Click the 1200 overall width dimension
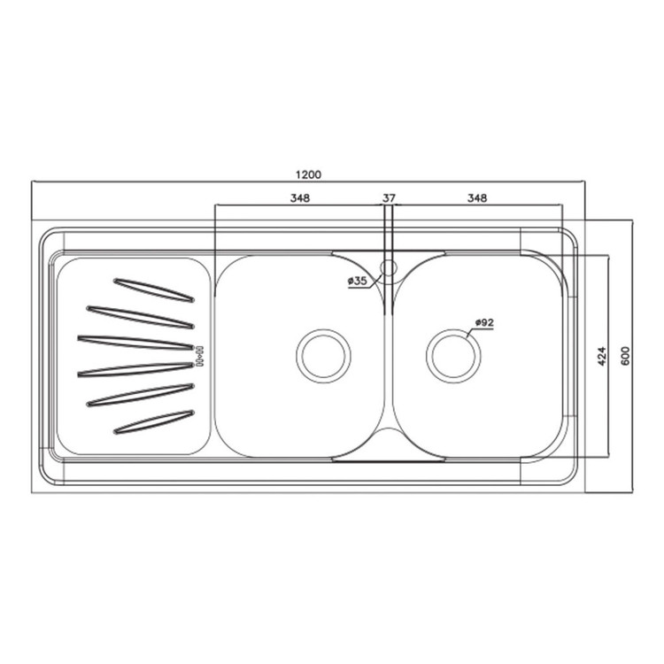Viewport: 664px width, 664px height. (309, 174)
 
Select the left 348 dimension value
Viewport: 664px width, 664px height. (300, 197)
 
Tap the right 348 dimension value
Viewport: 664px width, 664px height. (477, 197)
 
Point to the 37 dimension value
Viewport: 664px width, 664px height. (389, 197)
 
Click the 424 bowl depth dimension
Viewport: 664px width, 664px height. (602, 356)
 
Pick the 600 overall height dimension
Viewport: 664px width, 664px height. (625, 356)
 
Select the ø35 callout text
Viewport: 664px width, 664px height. (358, 281)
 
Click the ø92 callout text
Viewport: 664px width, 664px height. (484, 322)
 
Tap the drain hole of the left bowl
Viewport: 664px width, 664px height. (323, 356)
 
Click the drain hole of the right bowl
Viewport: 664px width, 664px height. (453, 356)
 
